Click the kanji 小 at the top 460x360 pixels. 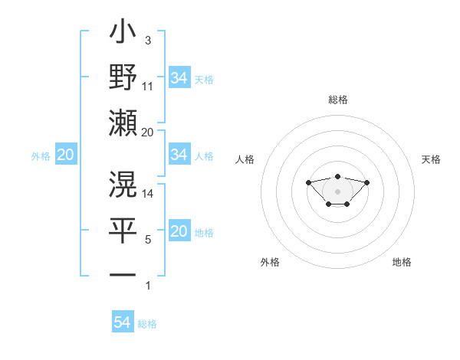(123, 35)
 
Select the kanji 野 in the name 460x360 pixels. (123, 77)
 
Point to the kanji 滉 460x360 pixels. (123, 184)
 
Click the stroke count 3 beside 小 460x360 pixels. (148, 40)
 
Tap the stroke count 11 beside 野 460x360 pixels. (148, 87)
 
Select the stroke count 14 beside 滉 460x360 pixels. (148, 194)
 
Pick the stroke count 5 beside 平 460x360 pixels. (148, 239)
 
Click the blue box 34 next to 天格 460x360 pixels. (179, 77)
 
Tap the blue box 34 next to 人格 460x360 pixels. (179, 155)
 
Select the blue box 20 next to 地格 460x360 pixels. (179, 231)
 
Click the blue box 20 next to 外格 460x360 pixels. (65, 155)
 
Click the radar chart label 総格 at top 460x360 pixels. (337, 100)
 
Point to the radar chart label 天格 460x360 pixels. (431, 159)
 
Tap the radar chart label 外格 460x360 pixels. (270, 262)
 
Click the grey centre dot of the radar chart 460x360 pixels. (337, 191)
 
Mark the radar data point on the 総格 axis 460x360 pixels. (337, 176)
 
